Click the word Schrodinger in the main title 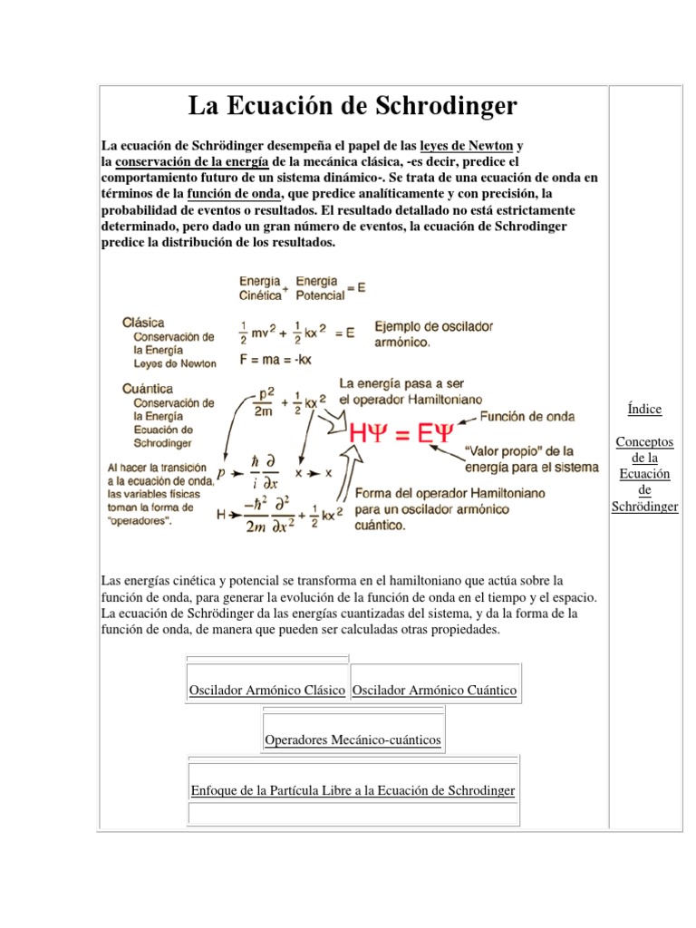click(x=443, y=107)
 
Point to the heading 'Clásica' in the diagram click(x=143, y=322)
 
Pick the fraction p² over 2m click(x=262, y=402)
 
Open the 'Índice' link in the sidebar click(x=644, y=409)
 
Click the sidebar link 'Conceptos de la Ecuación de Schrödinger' click(x=644, y=474)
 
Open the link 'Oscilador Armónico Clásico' click(x=266, y=691)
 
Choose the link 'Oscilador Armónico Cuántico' click(x=434, y=691)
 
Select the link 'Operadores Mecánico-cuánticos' click(x=353, y=740)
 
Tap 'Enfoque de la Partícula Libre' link click(x=353, y=790)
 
